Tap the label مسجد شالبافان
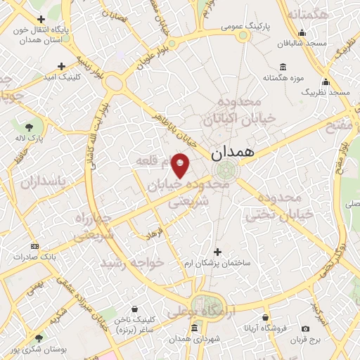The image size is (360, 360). point(302,43)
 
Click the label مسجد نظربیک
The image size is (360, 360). point(326,92)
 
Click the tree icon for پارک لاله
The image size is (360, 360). point(28,127)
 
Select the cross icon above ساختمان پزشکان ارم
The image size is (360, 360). point(217,251)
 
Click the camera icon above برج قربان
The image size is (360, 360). point(305,328)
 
